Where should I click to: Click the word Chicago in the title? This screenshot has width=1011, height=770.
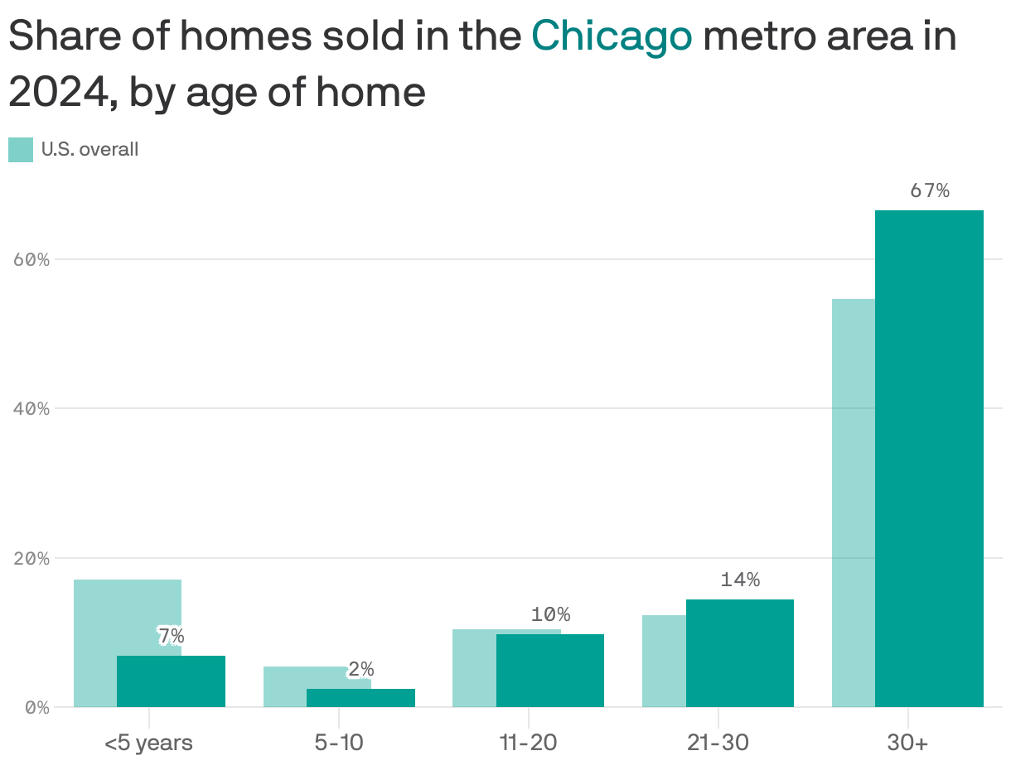612,36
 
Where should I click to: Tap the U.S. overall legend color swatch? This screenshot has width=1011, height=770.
21,150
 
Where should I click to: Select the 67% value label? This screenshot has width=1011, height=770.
929,190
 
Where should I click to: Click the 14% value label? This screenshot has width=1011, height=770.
740,580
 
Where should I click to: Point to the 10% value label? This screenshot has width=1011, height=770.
550,614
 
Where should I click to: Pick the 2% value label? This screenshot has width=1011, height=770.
360,669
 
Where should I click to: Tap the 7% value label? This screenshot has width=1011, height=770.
171,636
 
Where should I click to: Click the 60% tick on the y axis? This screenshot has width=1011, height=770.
32,259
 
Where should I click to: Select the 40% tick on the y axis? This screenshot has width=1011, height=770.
32,408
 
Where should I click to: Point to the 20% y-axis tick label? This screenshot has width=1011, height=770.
32,558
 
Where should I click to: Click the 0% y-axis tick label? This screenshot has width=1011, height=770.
37,708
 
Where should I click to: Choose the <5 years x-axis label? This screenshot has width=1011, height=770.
148,743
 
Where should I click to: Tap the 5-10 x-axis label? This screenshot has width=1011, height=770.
339,743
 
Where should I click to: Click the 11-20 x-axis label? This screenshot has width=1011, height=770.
528,743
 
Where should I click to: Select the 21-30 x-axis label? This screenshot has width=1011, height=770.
718,743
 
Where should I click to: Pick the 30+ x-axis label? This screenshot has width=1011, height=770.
907,743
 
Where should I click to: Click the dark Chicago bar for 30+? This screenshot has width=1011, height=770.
929,459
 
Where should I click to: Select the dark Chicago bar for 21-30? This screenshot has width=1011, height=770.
740,653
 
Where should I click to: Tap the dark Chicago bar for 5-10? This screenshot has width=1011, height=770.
360,698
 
